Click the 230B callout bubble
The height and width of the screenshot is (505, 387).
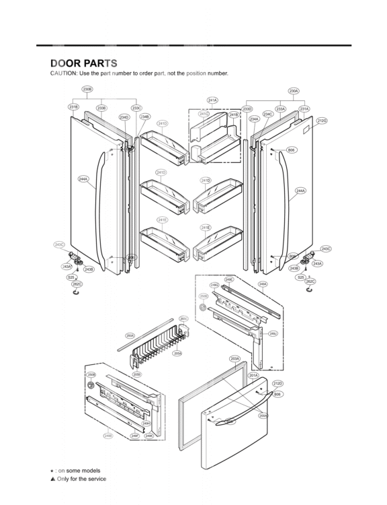[x=87, y=89]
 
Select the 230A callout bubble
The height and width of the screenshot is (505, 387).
[x=294, y=90]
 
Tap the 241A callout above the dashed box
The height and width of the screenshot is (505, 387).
[x=212, y=100]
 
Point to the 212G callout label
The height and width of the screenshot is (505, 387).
[x=322, y=121]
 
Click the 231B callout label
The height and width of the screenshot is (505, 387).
[x=73, y=107]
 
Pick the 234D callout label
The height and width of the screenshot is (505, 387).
[x=124, y=117]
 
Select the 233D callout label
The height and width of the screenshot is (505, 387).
[x=247, y=108]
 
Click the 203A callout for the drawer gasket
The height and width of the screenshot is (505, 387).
[x=234, y=359]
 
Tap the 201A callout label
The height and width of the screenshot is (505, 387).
[x=253, y=375]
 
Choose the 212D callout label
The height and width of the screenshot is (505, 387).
[x=277, y=383]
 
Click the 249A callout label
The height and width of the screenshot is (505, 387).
[x=263, y=284]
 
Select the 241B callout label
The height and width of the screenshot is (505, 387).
[x=233, y=115]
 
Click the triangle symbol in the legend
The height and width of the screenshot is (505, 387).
[x=52, y=479]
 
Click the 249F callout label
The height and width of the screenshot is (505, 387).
[x=134, y=436]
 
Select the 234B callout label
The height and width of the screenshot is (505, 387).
[x=144, y=116]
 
